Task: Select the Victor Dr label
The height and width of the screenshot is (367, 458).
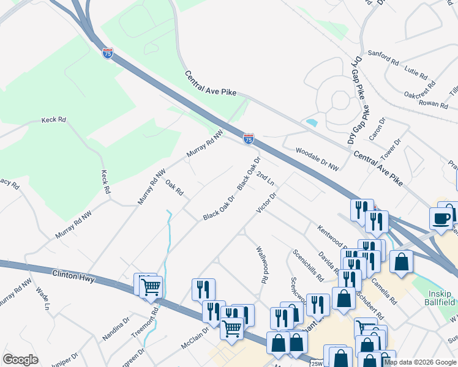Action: coord(267,202)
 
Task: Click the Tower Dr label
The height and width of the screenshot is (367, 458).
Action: coord(389,150)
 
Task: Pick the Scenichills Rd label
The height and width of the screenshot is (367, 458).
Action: coord(308,265)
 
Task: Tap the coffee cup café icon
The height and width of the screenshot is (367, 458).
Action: coord(441,217)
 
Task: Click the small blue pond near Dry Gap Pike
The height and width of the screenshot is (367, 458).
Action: coord(312,122)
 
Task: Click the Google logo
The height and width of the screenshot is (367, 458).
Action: coord(20,360)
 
